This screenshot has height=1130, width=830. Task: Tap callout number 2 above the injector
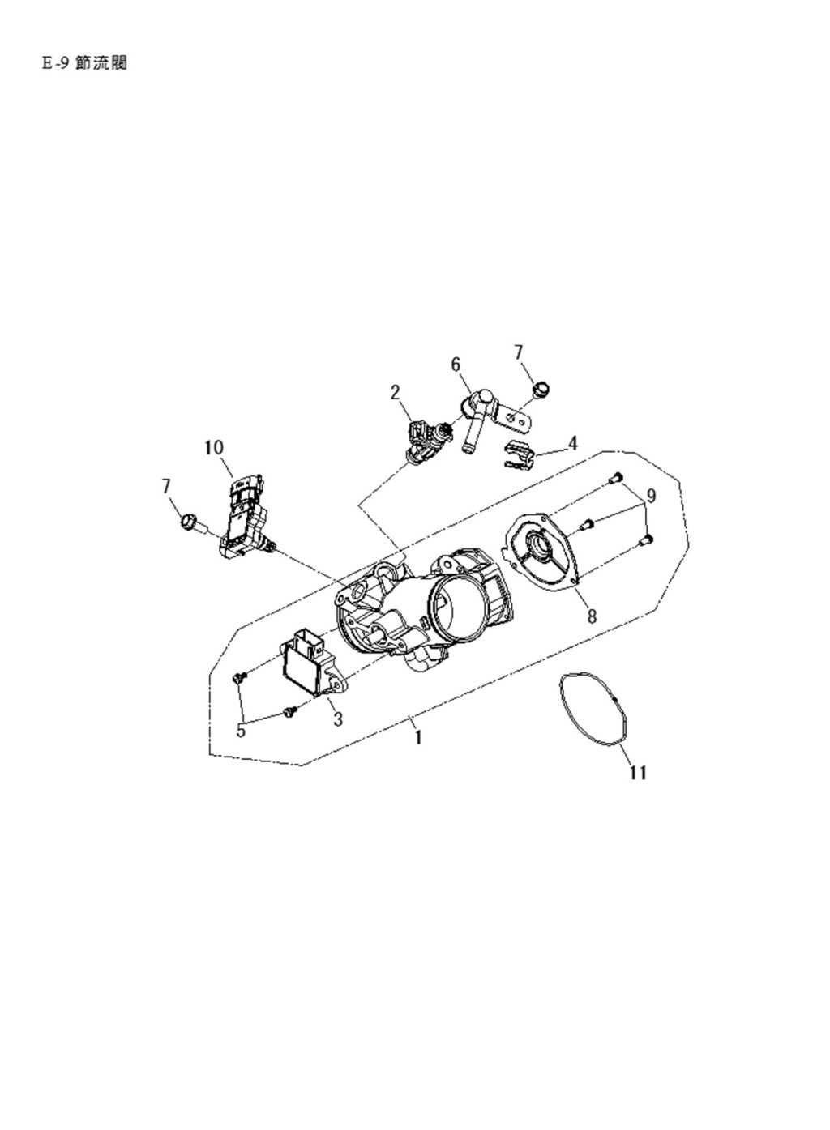pos(396,393)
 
